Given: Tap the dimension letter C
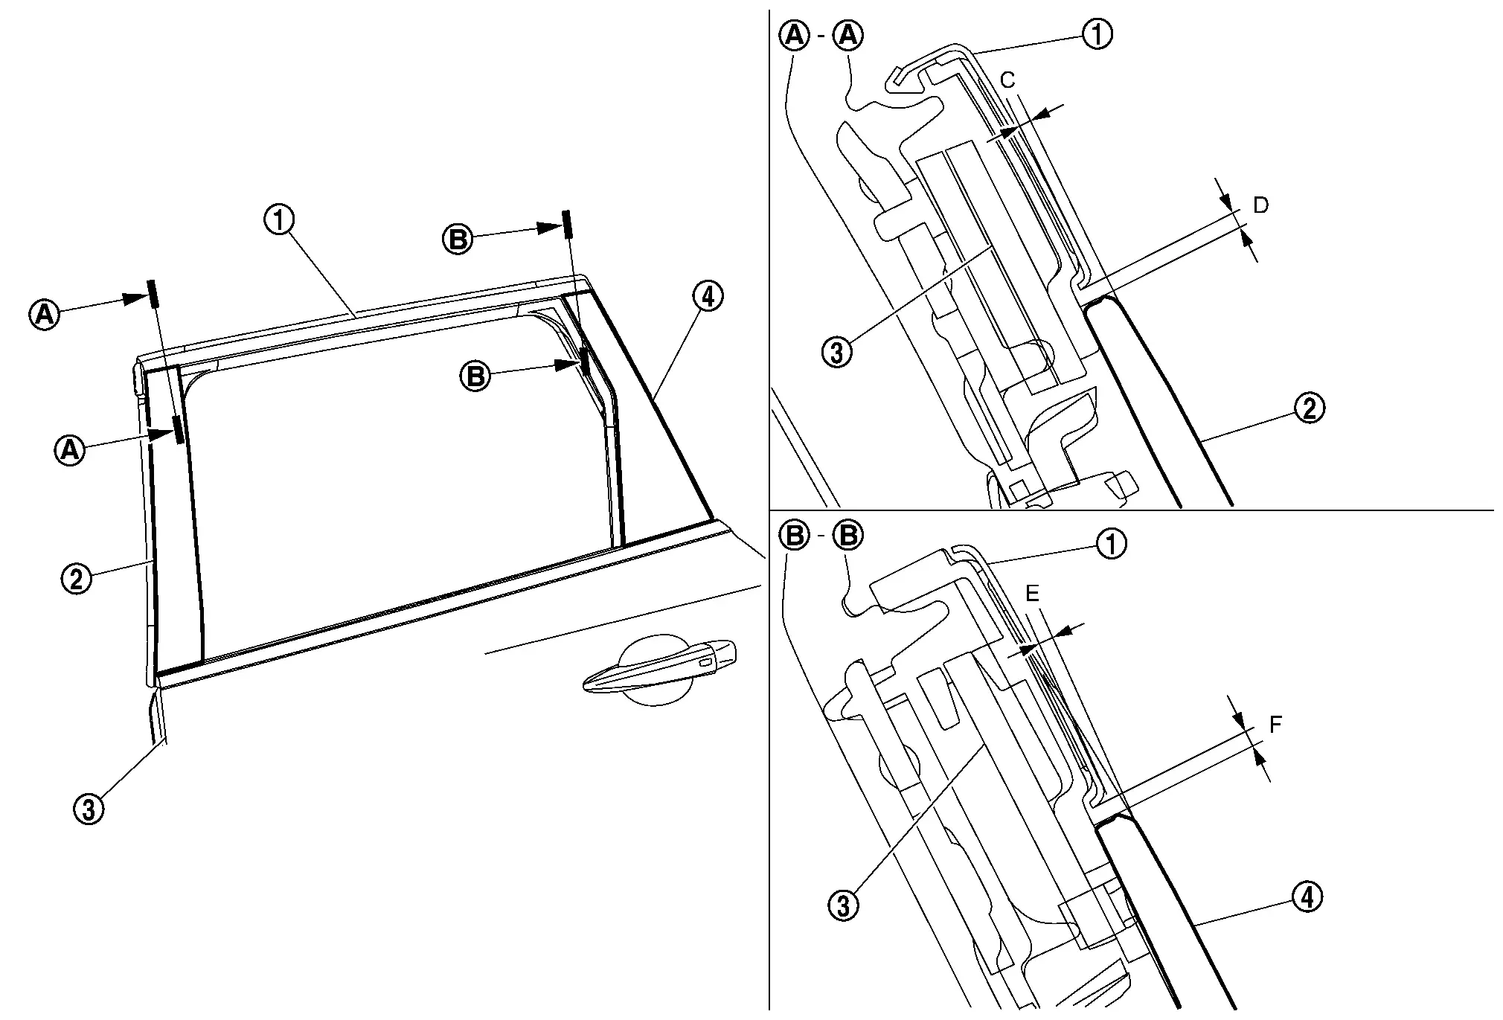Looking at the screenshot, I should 1008,80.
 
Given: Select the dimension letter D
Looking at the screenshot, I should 1260,205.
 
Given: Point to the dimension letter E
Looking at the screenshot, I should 1032,593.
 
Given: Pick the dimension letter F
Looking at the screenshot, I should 1275,724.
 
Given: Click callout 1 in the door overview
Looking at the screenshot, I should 280,220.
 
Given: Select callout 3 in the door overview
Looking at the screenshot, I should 89,809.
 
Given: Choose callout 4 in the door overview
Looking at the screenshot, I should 707,297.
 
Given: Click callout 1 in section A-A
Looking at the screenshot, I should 1097,34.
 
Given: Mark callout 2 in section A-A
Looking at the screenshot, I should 1310,408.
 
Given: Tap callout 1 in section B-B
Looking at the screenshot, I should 1111,544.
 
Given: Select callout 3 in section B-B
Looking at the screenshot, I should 843,905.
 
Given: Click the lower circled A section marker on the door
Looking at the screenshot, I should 70,449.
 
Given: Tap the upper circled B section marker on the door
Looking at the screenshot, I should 458,240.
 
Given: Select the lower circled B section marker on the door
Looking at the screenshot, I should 475,376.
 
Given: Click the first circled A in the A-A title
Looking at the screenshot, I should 794,36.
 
